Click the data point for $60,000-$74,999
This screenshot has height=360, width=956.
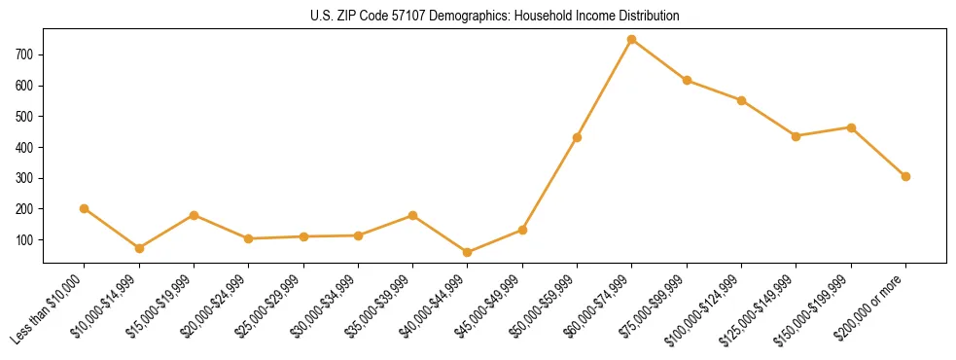click(x=632, y=40)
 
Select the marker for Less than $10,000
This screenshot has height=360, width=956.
click(x=85, y=208)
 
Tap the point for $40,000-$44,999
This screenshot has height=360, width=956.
click(x=468, y=252)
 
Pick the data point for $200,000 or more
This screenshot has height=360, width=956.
click(x=905, y=176)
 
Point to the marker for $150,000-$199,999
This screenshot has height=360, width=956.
click(x=851, y=127)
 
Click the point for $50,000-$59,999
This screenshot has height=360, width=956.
click(x=578, y=137)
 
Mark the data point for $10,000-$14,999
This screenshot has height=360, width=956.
click(x=139, y=248)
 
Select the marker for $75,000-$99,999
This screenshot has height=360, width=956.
click(x=687, y=81)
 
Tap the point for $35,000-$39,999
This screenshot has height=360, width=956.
click(x=413, y=215)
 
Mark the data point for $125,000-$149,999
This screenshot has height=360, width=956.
click(x=797, y=136)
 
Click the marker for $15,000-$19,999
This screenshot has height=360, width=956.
click(x=195, y=215)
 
